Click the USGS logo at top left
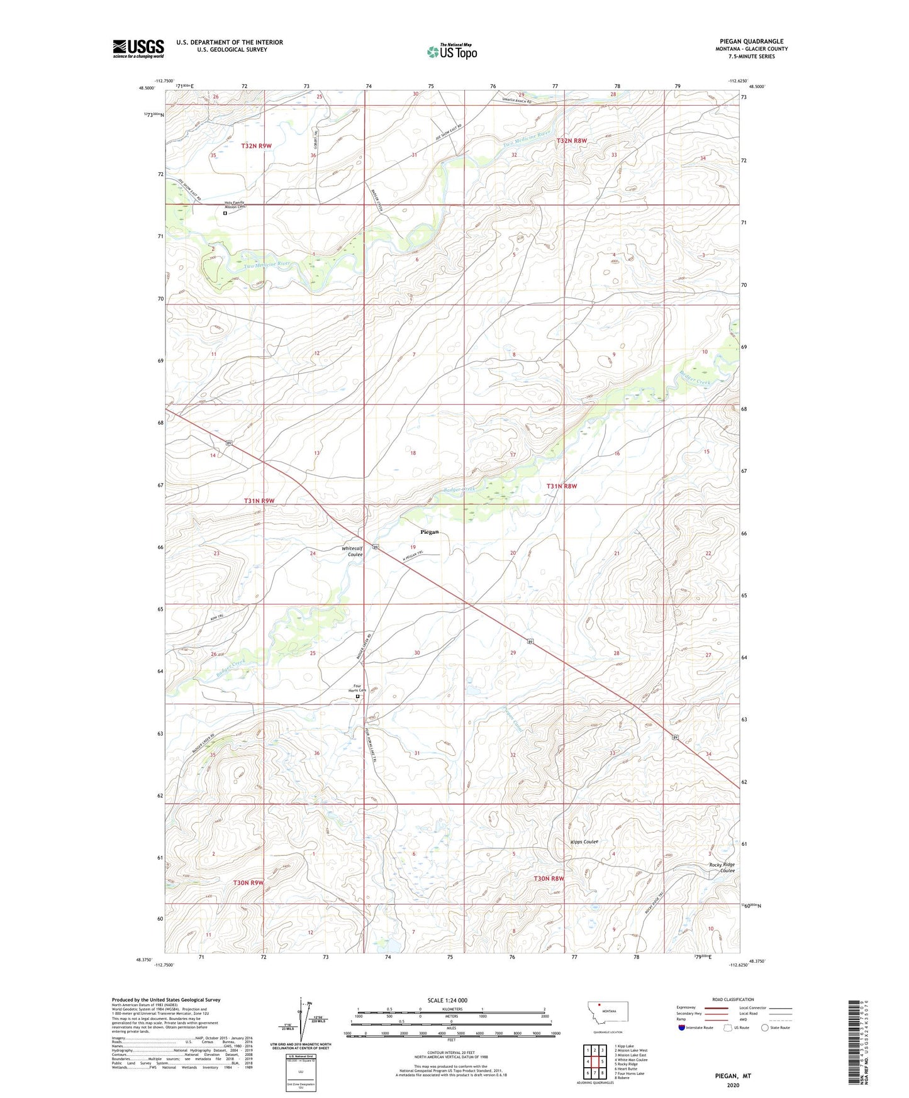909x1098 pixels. coord(138,48)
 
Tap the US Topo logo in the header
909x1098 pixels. coord(452,52)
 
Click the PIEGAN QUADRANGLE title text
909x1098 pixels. coord(751,42)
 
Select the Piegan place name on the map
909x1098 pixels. coord(429,532)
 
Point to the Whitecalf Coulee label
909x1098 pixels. coord(352,552)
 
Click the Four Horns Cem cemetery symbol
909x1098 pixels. coord(358,696)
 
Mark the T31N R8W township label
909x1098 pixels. coord(561,486)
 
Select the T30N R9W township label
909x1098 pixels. coord(248,882)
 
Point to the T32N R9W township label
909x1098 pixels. coord(256,146)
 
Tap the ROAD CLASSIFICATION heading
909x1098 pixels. coord(733,999)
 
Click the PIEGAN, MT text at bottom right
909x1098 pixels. coord(733,1076)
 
